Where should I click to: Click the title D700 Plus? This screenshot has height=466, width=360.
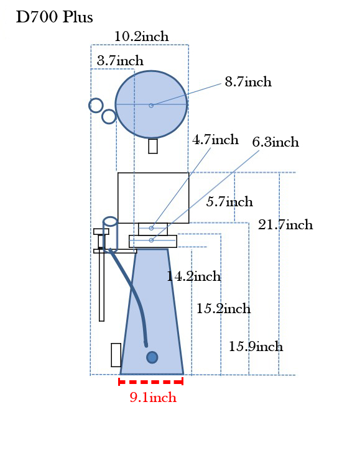54,17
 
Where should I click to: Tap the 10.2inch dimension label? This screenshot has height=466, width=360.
142,37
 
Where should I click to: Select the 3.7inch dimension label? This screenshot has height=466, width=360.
120,61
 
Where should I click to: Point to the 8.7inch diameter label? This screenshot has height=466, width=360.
248,82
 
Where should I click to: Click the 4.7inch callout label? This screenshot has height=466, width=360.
215,139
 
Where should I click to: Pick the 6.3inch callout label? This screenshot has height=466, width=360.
275,142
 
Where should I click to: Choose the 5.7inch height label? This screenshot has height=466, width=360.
229,202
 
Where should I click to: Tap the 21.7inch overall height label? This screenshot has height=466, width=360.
285,225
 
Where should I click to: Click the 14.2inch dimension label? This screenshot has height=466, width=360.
193,276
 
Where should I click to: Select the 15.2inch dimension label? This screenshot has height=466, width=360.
223,308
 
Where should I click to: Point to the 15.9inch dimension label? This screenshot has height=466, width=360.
256,347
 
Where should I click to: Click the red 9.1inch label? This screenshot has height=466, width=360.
153,398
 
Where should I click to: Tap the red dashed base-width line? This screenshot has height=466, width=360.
151,381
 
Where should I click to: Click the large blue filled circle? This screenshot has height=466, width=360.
151,104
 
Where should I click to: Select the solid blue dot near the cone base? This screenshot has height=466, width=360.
152,357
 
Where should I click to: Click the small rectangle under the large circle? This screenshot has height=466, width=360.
153,146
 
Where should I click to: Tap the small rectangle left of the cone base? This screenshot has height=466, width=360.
116,355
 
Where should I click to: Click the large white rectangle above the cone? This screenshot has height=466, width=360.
154,198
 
